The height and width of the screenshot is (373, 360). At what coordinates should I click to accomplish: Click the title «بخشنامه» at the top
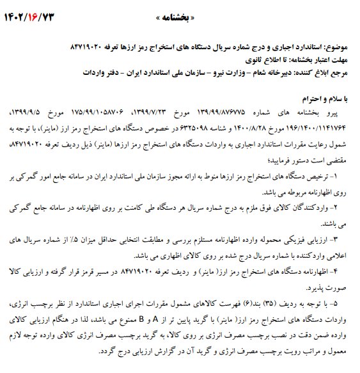pyautogui.click(x=180, y=15)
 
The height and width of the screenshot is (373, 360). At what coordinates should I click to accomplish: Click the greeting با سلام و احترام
pyautogui.click(x=325, y=100)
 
